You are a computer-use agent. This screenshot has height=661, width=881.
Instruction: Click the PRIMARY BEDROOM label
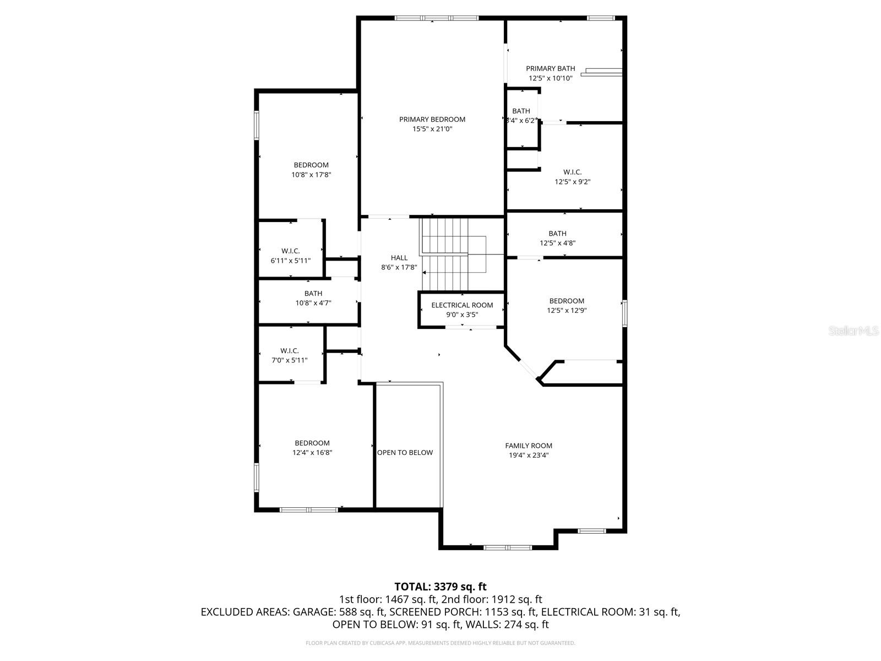432,119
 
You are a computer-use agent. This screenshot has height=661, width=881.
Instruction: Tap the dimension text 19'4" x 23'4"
529,455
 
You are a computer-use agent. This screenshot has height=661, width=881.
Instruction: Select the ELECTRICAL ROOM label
462,305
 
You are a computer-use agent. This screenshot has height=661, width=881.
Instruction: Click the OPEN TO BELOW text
405,452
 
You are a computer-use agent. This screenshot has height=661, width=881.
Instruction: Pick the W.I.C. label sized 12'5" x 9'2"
572,172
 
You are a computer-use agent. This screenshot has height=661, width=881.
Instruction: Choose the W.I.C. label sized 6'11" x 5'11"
290,251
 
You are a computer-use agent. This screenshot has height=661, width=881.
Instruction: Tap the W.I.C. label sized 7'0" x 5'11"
289,350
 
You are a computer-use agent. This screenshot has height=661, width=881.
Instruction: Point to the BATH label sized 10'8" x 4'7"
313,294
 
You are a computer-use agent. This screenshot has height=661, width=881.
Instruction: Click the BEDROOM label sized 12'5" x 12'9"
567,301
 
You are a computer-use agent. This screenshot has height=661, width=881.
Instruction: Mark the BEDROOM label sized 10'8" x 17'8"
311,165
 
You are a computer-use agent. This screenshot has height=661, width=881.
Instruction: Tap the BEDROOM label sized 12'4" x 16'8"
312,443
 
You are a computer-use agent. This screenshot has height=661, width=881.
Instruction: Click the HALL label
399,258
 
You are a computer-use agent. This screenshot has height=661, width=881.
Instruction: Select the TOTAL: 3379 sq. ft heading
440,587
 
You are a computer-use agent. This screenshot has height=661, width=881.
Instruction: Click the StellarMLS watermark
853,331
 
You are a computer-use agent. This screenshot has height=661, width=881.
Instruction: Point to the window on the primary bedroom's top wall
437,18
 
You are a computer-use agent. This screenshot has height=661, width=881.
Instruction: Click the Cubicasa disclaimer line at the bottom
440,643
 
